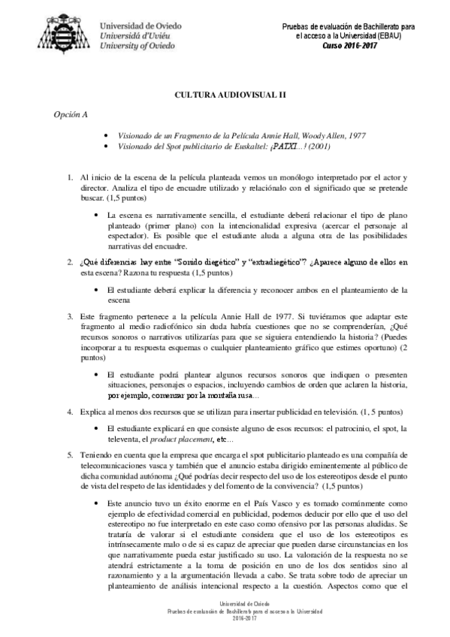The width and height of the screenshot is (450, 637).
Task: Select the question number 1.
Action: pyautogui.click(x=69, y=177)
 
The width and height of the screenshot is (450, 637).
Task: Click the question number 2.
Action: pyautogui.click(x=69, y=262)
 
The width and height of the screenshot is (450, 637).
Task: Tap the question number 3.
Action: pyautogui.click(x=69, y=317)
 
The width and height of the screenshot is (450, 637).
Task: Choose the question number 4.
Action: pyautogui.click(x=69, y=412)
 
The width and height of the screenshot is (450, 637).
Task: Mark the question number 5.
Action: pyautogui.click(x=69, y=455)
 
